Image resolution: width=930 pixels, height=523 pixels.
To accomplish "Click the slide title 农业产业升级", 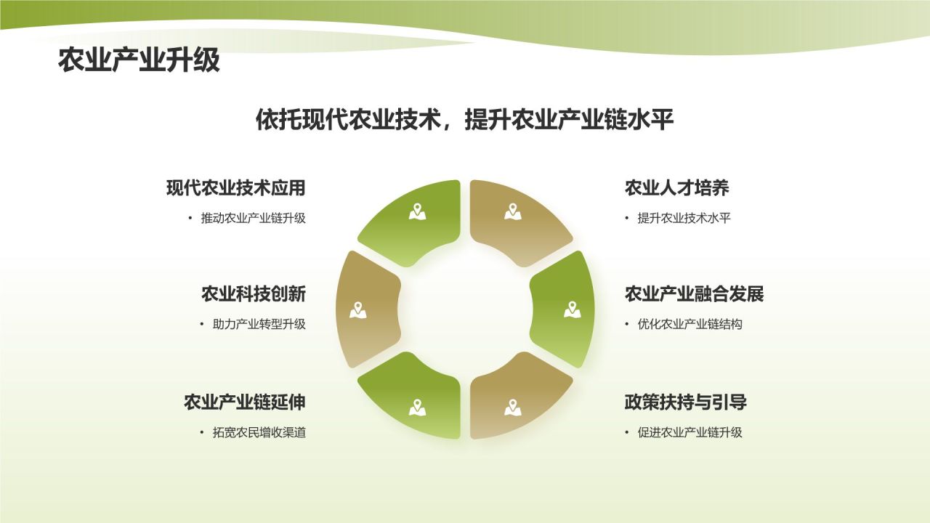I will [139, 61].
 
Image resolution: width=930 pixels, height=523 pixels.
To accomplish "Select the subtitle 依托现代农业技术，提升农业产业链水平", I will [465, 120].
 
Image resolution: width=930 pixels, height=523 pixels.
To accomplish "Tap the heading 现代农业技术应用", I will [235, 188].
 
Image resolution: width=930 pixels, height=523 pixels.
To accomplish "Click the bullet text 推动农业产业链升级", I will [253, 218].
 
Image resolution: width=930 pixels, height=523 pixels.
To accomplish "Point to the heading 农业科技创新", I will [253, 294].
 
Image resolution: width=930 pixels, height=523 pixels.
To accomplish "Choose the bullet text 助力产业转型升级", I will [259, 324].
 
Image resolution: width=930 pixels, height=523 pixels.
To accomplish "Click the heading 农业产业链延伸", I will [244, 402].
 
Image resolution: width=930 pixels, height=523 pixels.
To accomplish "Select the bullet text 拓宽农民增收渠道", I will [259, 432].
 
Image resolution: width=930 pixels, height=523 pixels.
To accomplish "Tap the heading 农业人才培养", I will [676, 188].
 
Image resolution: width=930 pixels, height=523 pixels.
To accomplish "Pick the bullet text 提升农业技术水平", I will [683, 218].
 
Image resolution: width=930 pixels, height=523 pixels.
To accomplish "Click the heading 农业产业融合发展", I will [694, 294].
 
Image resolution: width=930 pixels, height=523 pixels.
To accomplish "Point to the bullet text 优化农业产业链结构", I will [690, 324].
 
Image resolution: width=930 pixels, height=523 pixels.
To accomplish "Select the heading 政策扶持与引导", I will [685, 402].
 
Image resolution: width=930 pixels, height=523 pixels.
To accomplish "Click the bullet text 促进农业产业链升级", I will [690, 432].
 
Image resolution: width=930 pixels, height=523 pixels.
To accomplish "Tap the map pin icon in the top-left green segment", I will [417, 211].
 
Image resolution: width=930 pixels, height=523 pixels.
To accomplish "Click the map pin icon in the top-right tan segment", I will [514, 211].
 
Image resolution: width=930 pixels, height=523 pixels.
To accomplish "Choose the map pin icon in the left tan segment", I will [357, 309].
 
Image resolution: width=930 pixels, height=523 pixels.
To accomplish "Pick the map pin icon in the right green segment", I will [573, 309].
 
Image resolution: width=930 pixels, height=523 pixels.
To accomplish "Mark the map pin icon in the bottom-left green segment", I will [417, 408].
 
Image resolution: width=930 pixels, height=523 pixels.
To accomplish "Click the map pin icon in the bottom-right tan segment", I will [514, 408].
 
